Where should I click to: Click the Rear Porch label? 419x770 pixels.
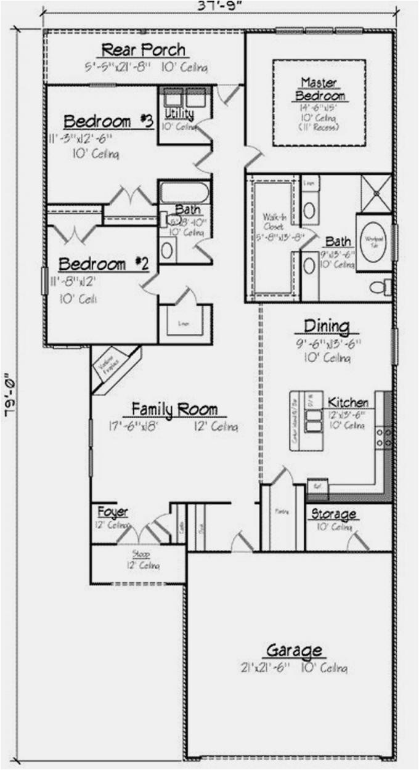click(143, 50)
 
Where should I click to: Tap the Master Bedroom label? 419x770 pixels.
click(320, 89)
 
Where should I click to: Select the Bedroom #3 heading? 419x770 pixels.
click(108, 121)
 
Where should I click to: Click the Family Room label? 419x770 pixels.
click(174, 409)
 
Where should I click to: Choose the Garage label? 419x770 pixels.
click(294, 650)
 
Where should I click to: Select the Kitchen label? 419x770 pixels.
click(348, 402)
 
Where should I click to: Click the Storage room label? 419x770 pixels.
click(333, 514)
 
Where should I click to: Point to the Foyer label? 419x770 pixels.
click(113, 512)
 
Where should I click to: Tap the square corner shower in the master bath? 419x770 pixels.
click(376, 192)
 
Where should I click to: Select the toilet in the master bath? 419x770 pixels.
click(380, 287)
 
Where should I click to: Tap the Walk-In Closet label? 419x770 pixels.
click(274, 222)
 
